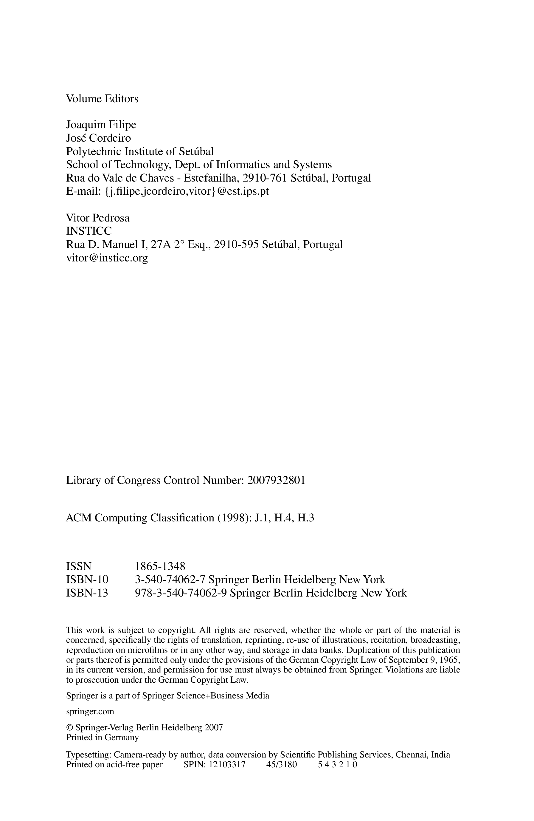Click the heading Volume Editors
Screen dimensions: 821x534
(x=102, y=99)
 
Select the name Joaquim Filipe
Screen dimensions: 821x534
(x=101, y=125)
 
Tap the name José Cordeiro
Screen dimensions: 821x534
(x=98, y=138)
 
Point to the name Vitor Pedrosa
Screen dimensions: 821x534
(x=98, y=218)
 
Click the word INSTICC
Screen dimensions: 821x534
(x=89, y=231)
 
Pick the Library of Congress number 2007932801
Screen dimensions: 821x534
(x=276, y=481)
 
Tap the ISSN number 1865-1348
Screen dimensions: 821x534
(x=160, y=566)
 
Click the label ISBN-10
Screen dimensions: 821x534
(x=87, y=580)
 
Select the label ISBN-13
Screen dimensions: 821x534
(x=87, y=593)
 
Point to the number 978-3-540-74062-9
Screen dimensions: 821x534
(x=181, y=593)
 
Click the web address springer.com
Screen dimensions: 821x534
(x=90, y=711)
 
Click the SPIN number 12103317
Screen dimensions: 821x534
(x=227, y=765)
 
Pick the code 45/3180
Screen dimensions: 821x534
(x=281, y=765)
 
